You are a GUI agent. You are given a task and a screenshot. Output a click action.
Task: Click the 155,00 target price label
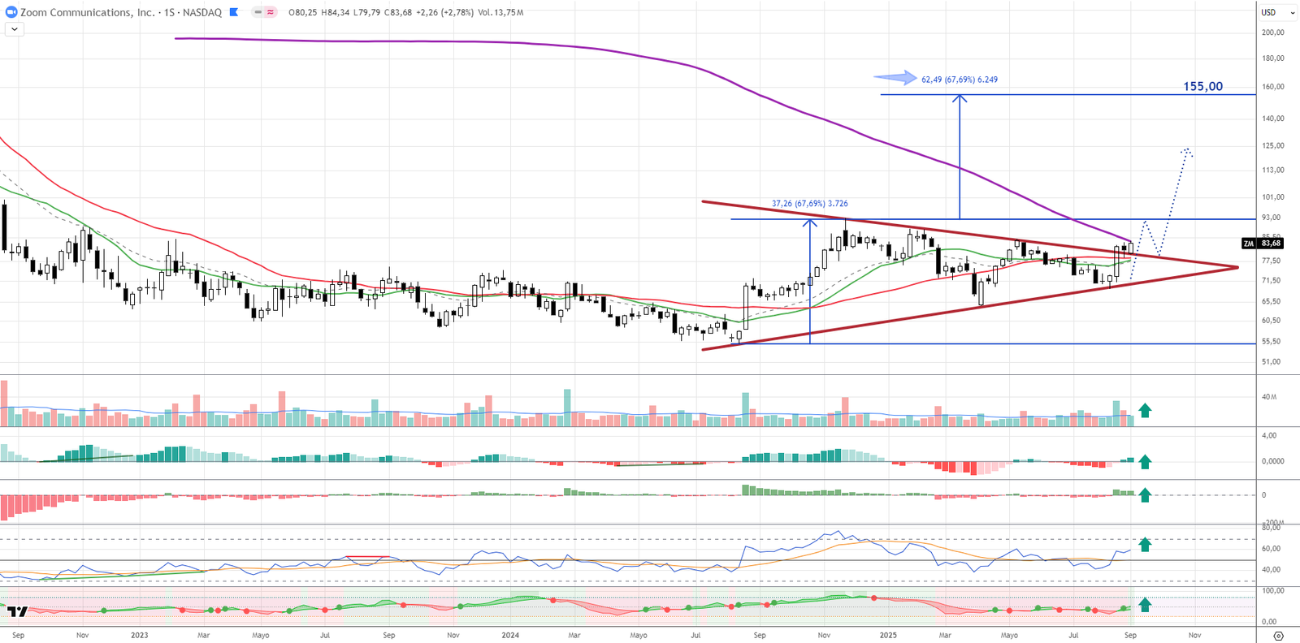click(x=1202, y=86)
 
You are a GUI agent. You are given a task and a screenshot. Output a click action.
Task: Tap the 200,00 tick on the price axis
click(x=1272, y=32)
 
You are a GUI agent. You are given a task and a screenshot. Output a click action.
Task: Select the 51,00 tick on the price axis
click(x=1271, y=361)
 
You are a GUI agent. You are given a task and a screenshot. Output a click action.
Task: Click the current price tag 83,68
click(x=1271, y=243)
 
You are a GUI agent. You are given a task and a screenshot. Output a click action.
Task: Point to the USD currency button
click(x=1268, y=12)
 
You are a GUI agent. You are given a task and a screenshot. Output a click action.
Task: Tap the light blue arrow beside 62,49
click(x=895, y=78)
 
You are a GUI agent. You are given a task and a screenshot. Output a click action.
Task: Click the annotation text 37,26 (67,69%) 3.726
click(x=809, y=204)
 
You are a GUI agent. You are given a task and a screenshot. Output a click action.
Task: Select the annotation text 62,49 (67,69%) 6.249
click(x=960, y=80)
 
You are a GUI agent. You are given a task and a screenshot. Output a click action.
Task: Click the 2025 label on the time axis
click(x=888, y=635)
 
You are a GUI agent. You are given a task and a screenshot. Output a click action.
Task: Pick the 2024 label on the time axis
click(x=510, y=635)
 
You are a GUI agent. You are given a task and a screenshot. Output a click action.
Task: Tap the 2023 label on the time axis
click(x=140, y=635)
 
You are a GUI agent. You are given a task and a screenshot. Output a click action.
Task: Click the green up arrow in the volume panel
click(x=1145, y=411)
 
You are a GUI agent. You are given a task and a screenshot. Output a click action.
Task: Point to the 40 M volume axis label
click(x=1269, y=397)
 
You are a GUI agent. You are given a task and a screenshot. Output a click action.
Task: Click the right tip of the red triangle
click(x=1237, y=267)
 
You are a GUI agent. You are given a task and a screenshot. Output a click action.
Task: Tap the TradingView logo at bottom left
click(x=18, y=611)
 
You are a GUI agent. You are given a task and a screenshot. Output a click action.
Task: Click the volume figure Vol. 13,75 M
click(x=500, y=12)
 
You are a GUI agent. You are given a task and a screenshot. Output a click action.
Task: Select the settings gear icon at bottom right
click(x=1278, y=635)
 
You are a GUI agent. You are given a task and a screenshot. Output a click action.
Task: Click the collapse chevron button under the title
click(x=15, y=29)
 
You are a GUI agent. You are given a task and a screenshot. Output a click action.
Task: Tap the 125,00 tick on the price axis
click(x=1272, y=145)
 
